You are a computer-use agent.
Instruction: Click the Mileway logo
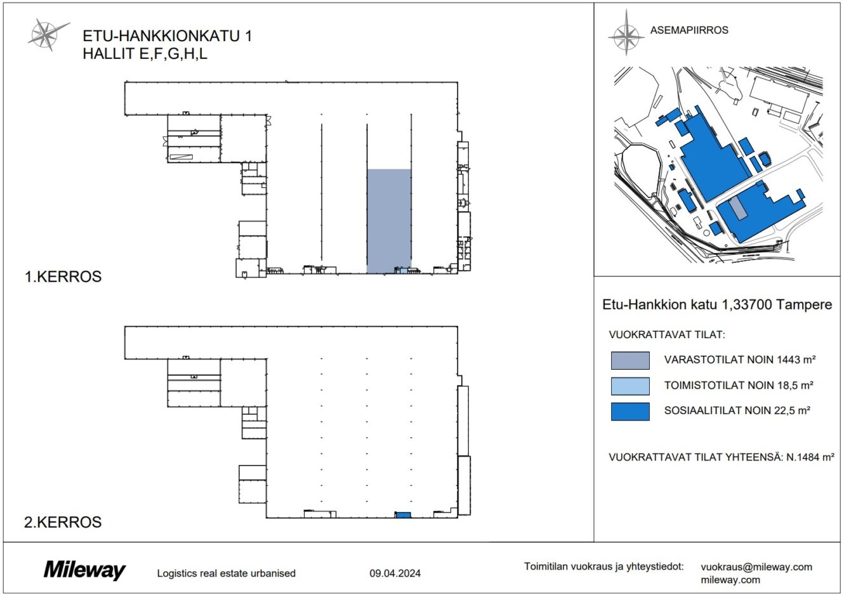pos(84,570)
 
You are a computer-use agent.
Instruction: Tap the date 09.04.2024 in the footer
pos(395,573)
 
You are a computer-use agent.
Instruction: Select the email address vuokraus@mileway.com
pos(756,566)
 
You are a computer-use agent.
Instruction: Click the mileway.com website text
pos(730,580)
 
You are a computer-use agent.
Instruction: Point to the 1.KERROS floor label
pos(63,277)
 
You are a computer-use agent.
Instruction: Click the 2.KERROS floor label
pos(63,522)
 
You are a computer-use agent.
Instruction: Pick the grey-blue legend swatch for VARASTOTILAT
pos(630,360)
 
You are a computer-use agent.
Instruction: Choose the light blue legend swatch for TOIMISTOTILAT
pos(630,386)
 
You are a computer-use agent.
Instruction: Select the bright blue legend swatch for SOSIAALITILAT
pos(630,411)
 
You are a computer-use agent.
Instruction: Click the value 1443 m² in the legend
pos(796,359)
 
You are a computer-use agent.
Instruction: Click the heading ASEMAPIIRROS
pos(689,30)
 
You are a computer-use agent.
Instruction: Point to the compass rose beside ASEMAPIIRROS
pos(626,33)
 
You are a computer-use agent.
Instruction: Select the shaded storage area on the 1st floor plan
pos(389,220)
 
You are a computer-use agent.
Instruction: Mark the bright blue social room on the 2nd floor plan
pos(402,515)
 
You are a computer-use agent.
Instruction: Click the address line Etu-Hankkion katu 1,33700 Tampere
pos(717,304)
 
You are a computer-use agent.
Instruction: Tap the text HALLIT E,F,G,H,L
pos(145,53)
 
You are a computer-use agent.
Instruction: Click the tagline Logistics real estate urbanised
pos(226,573)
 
